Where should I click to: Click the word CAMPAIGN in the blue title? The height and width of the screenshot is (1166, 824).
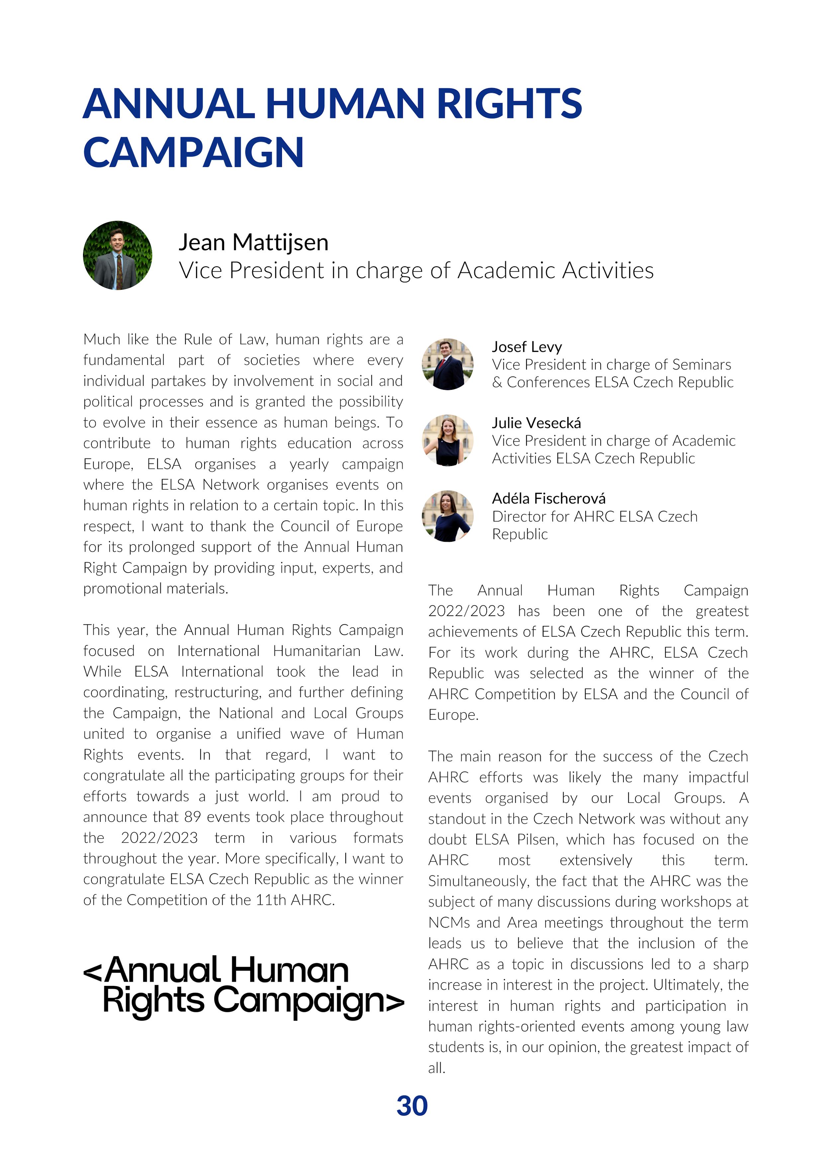click(193, 152)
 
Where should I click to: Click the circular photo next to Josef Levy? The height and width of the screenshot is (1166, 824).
click(447, 364)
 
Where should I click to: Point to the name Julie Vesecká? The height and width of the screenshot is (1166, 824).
click(536, 423)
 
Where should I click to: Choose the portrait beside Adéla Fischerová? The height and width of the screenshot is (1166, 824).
click(447, 516)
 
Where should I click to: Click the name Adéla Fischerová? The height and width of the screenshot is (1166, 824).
click(548, 499)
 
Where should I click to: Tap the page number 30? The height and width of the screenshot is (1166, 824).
click(412, 1106)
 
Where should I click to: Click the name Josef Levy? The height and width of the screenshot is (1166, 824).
click(526, 347)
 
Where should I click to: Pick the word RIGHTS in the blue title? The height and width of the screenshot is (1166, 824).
click(509, 104)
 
